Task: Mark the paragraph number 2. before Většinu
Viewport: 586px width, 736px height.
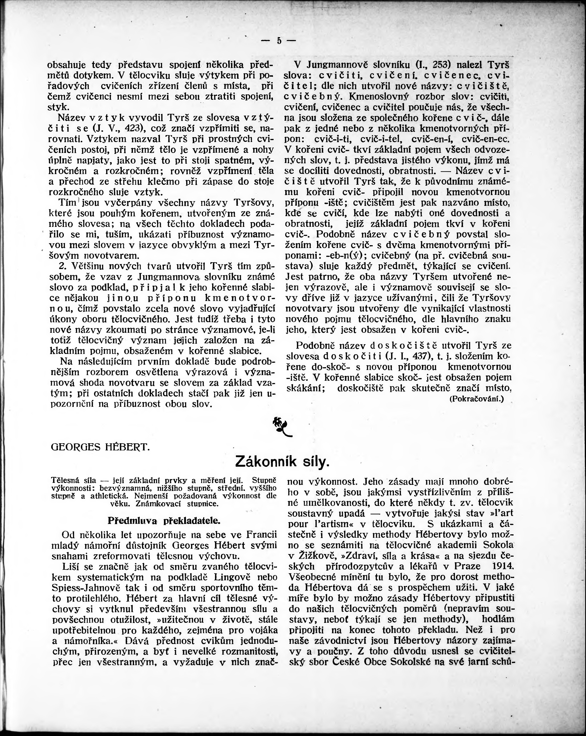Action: click(63, 266)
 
